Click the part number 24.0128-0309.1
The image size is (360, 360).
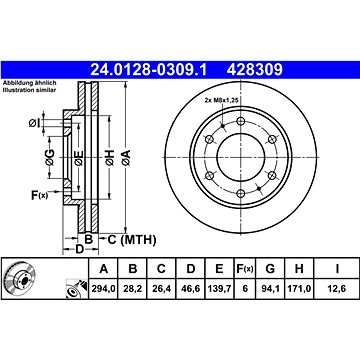[149, 70]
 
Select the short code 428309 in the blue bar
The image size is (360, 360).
[255, 70]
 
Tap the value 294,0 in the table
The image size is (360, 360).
[104, 288]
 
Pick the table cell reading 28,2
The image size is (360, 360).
[133, 288]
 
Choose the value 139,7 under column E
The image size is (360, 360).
[219, 288]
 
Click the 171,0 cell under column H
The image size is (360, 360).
[299, 288]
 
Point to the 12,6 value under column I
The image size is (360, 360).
[337, 288]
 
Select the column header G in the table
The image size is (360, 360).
[270, 269]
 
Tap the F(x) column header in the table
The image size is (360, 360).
[245, 269]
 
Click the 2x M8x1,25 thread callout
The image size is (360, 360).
[222, 100]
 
